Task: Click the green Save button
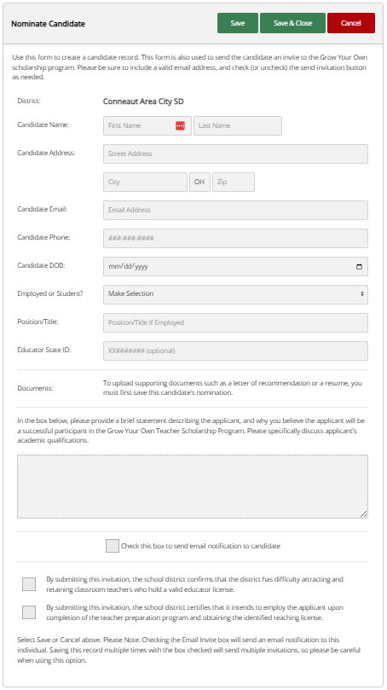click(x=238, y=23)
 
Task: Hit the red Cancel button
click(x=351, y=23)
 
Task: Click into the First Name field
click(x=136, y=125)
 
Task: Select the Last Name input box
click(x=238, y=125)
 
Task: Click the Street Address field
click(x=235, y=154)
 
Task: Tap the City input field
click(x=145, y=182)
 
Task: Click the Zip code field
click(x=233, y=182)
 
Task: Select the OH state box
click(x=199, y=182)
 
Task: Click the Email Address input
click(x=235, y=210)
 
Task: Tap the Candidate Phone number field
click(x=235, y=238)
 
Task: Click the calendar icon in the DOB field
click(x=359, y=266)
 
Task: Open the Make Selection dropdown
click(x=235, y=294)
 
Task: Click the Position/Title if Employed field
click(x=235, y=322)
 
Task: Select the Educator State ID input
click(x=235, y=351)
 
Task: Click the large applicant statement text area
click(x=193, y=485)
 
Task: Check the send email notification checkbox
click(x=113, y=546)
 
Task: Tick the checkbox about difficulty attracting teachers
click(x=29, y=584)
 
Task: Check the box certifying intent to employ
click(x=29, y=612)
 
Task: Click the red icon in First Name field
click(x=180, y=125)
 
